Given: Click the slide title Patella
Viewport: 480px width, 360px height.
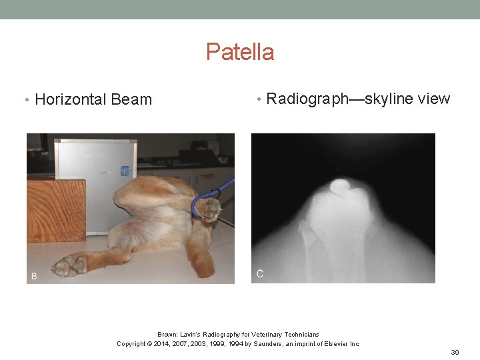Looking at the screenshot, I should click(x=240, y=52).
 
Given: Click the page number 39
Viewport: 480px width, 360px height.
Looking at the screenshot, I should click(x=455, y=352).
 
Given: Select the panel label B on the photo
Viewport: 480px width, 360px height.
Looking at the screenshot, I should click(x=34, y=275).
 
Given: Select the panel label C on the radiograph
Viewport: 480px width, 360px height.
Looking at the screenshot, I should click(x=260, y=274).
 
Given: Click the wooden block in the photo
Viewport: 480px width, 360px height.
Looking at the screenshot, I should click(x=56, y=210).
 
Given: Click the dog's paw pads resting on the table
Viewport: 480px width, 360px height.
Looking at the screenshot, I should click(x=69, y=266).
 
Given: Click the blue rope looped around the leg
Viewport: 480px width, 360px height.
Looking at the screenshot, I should click(x=199, y=203).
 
